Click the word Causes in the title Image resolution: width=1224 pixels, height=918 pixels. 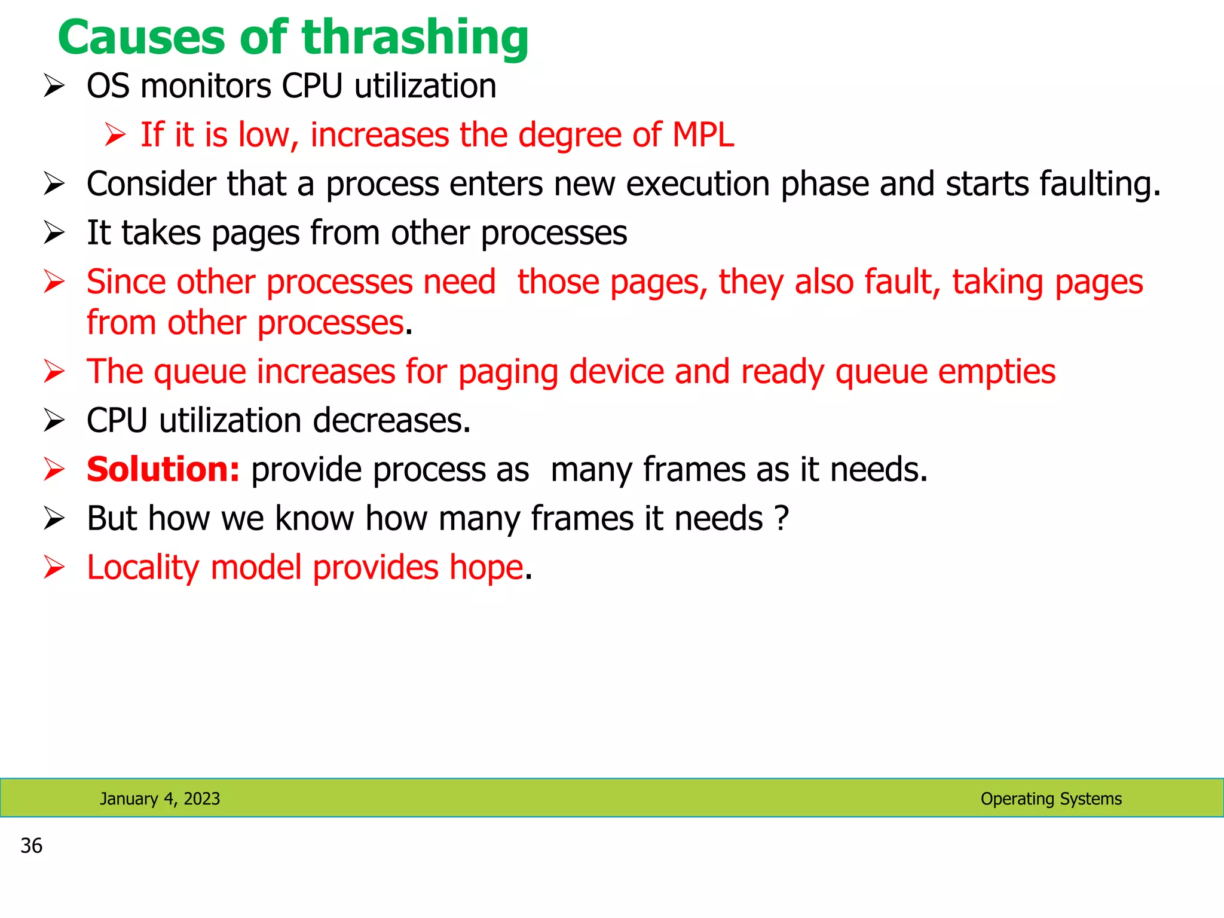point(142,38)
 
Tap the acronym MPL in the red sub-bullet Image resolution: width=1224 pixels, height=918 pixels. point(703,135)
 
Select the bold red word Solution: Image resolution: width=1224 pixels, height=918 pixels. point(163,470)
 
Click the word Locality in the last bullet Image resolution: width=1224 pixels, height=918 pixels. point(142,568)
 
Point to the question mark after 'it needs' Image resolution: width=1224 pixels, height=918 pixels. point(781,518)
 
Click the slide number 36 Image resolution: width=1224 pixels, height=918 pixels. point(31,846)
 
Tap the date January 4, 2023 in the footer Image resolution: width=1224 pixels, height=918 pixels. point(160,798)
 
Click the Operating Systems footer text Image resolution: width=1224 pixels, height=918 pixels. point(1051,798)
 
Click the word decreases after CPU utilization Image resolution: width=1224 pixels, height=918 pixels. point(391,421)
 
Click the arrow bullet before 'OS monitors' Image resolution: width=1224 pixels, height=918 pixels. point(54,87)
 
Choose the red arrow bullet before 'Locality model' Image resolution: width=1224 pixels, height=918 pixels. point(54,568)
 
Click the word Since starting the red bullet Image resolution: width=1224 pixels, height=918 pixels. point(126,282)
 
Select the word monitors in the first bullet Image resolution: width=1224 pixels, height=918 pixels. point(206,87)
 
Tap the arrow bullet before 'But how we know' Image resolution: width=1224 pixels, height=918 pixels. point(54,519)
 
